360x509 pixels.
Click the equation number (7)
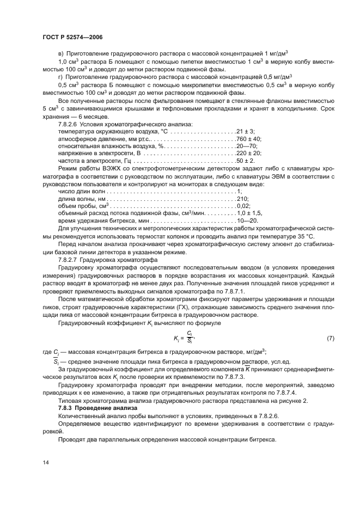tap(330, 340)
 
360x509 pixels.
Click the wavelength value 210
tap(242, 199)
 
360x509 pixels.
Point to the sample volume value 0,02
tap(243, 207)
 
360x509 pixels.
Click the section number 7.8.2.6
tap(69, 124)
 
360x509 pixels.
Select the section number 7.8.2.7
tap(69, 260)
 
